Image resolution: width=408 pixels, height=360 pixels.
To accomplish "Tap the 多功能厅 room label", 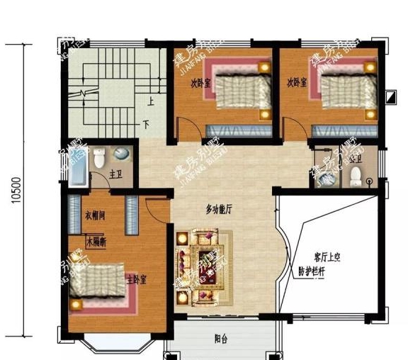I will [220, 210].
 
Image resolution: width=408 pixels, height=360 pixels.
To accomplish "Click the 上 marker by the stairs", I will [152, 101].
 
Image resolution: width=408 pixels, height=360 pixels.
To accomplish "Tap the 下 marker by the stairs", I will [147, 125].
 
